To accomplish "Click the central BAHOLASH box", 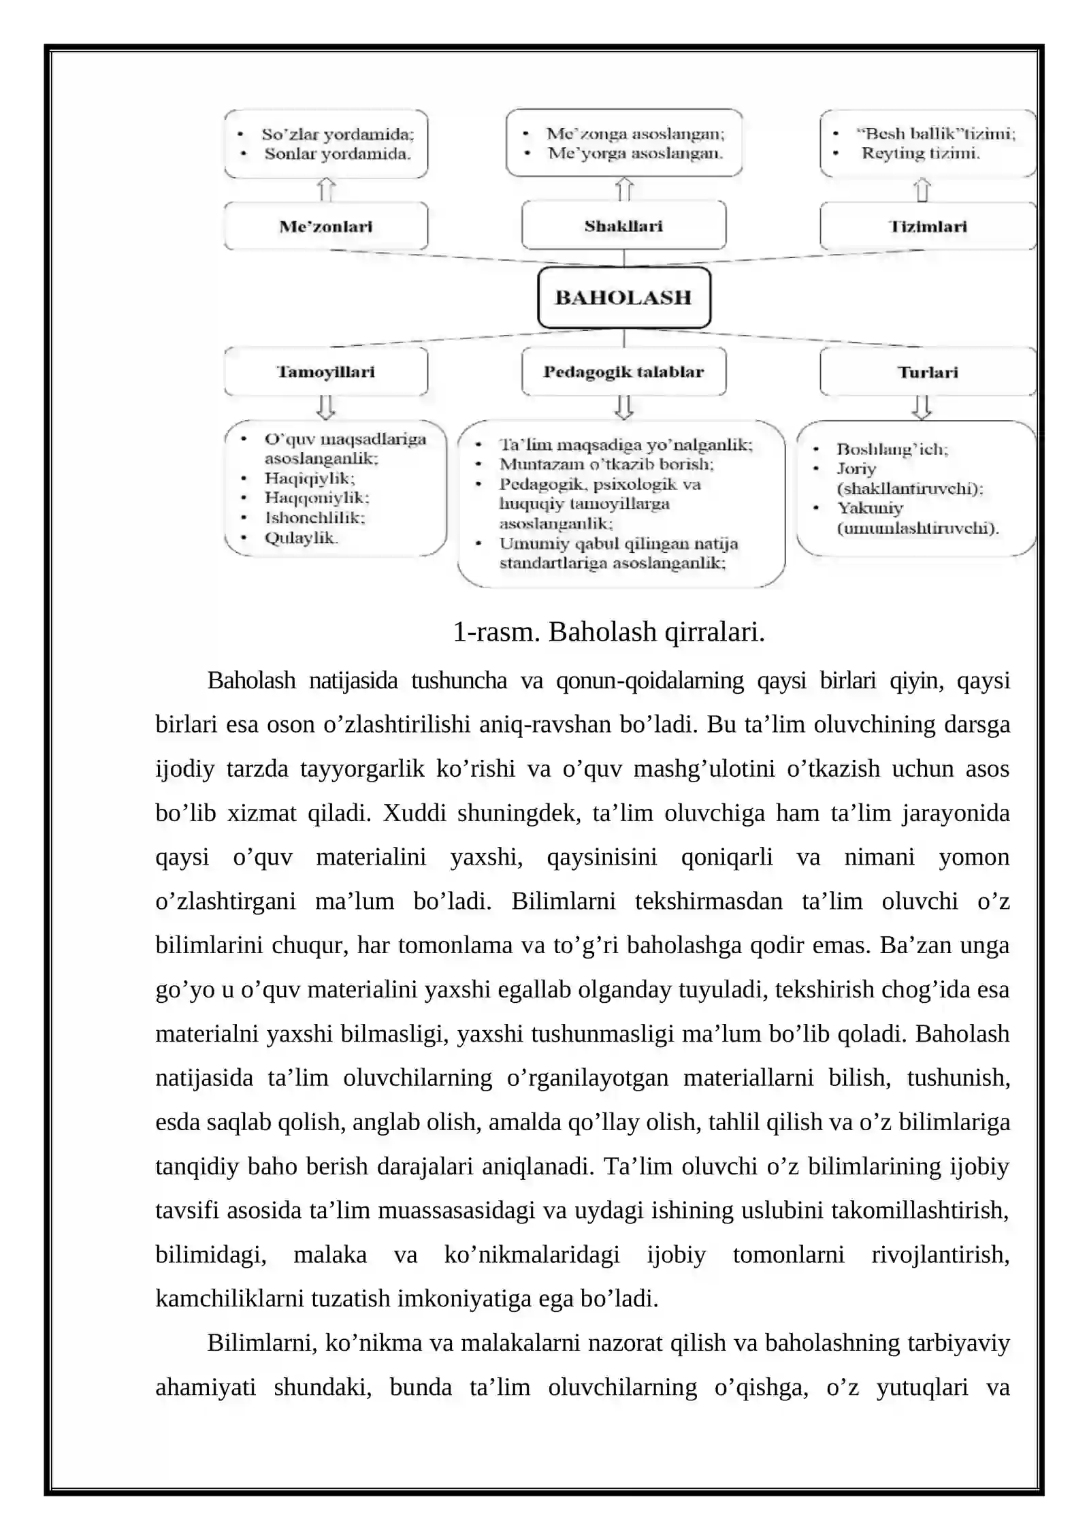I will click(x=623, y=298).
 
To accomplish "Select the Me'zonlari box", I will click(x=325, y=227).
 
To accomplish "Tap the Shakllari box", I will click(x=623, y=226).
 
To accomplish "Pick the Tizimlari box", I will click(x=927, y=227).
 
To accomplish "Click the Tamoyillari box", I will click(x=325, y=372).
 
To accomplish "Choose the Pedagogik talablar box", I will click(x=623, y=372).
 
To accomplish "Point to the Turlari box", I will click(x=927, y=372).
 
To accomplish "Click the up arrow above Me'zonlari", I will click(x=327, y=189).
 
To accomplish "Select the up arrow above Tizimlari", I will click(x=922, y=189).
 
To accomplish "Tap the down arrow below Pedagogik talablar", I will click(x=624, y=407).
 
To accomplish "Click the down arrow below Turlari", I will click(x=922, y=407).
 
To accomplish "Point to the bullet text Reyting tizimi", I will click(x=920, y=153).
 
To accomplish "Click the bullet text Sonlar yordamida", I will click(x=337, y=154).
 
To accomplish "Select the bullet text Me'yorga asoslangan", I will click(x=635, y=153).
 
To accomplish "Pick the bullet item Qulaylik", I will click(x=301, y=538).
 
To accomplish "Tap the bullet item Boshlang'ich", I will click(x=892, y=449).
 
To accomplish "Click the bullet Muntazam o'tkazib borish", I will click(x=606, y=464).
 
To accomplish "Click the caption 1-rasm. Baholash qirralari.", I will click(x=608, y=632).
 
